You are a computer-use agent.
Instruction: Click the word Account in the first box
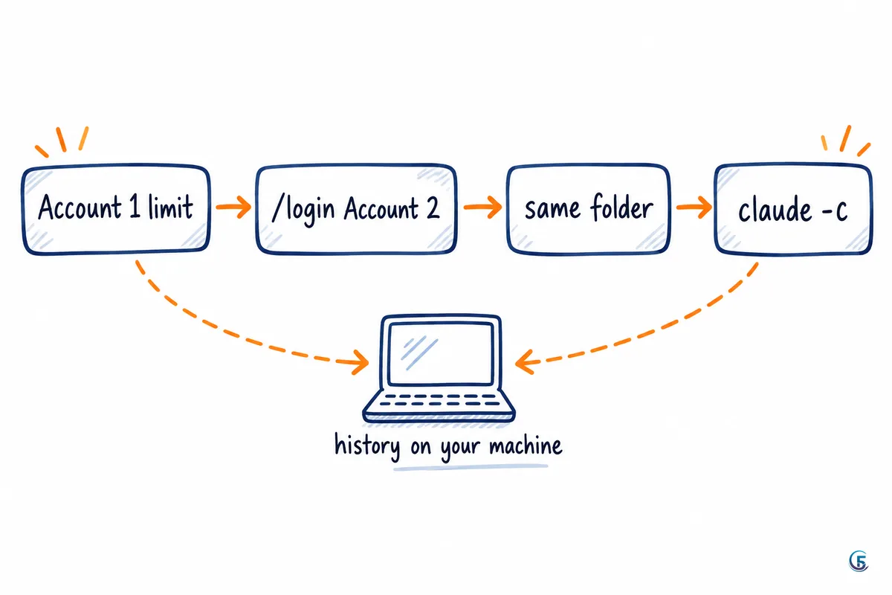(x=80, y=207)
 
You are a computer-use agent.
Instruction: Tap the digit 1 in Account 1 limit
(x=135, y=207)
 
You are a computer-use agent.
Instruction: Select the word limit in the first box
(x=170, y=207)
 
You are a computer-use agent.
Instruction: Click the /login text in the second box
(x=303, y=210)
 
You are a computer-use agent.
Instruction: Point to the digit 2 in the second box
(x=433, y=208)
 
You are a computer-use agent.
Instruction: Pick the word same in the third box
(x=552, y=209)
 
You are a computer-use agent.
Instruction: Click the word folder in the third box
(x=621, y=208)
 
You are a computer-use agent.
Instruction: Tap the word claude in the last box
(x=775, y=209)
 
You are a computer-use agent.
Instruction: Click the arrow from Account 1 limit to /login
(x=233, y=207)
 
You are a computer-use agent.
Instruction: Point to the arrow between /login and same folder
(x=482, y=207)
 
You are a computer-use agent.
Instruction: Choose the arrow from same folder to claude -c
(x=694, y=207)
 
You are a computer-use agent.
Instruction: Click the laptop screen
(x=441, y=354)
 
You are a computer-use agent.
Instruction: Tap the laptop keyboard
(x=440, y=399)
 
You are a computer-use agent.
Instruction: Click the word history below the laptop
(x=367, y=446)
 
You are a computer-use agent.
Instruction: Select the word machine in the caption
(x=526, y=446)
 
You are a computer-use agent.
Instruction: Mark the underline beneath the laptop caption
(x=471, y=468)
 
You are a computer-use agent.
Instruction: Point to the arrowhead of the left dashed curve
(x=360, y=362)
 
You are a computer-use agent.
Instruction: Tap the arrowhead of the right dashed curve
(x=525, y=362)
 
